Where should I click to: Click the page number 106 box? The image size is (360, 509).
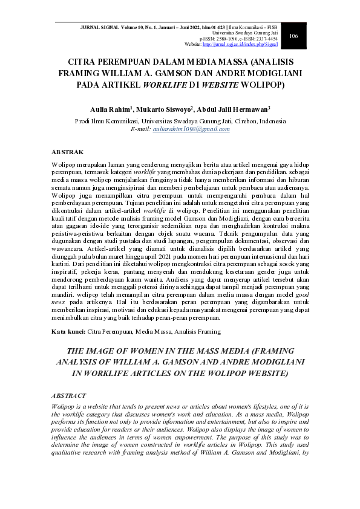(293, 36)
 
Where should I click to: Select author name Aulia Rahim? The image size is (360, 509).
(106, 109)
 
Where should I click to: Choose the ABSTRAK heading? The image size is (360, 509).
(68, 152)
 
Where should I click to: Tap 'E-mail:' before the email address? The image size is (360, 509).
(142, 129)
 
